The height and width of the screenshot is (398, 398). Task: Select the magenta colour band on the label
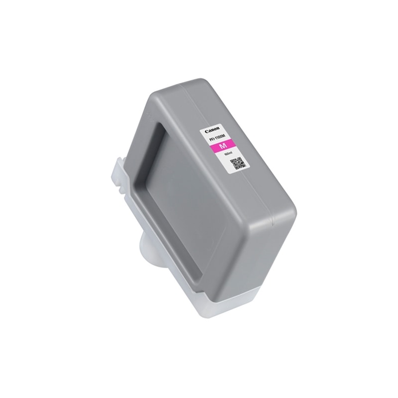click(224, 147)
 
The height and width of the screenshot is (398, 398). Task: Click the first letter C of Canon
click(205, 131)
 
